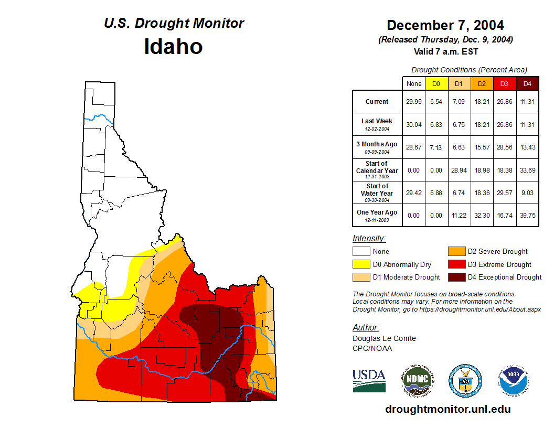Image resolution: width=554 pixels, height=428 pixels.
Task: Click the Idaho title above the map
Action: pyautogui.click(x=173, y=47)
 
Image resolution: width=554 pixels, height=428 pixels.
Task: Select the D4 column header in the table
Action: pyautogui.click(x=528, y=83)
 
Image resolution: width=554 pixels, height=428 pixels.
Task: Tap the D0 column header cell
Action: pyautogui.click(x=436, y=83)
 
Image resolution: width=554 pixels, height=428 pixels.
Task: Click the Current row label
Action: pyautogui.click(x=377, y=102)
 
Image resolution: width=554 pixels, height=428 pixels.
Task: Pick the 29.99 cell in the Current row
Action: pyautogui.click(x=414, y=102)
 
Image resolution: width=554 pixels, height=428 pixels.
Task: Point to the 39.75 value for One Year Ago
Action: pyautogui.click(x=528, y=216)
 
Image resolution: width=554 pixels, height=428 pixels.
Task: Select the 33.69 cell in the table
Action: pyautogui.click(x=528, y=170)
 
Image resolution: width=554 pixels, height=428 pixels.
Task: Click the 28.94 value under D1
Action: pyautogui.click(x=460, y=170)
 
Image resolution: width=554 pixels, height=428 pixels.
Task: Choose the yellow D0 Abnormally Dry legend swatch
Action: pyautogui.click(x=360, y=264)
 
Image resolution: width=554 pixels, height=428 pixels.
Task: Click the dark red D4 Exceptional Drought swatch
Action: pyautogui.click(x=456, y=277)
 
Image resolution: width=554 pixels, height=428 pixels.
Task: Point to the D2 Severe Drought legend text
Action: pyautogui.click(x=498, y=251)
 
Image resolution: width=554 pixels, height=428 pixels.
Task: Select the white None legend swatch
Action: pyautogui.click(x=360, y=251)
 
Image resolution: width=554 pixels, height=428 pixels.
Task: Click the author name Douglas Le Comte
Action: pyautogui.click(x=384, y=338)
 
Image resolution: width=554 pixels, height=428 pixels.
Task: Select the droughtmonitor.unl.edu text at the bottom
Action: pyautogui.click(x=448, y=409)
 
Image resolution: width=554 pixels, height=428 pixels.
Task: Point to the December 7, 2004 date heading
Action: pyautogui.click(x=445, y=25)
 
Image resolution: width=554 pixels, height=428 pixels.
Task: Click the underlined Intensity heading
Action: pyautogui.click(x=369, y=239)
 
